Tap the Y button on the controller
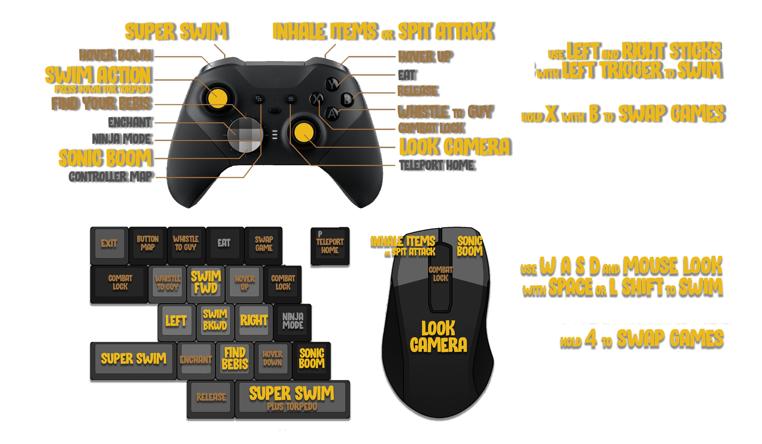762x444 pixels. [x=334, y=83]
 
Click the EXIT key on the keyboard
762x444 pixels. [x=109, y=244]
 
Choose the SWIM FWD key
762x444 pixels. [x=206, y=283]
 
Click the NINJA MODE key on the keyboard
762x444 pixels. [x=293, y=321]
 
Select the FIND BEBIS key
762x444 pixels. [x=235, y=359]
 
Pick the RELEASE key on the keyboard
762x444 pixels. [x=211, y=397]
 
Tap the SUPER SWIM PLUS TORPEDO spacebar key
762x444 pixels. [x=292, y=398]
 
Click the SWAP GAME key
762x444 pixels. [x=264, y=244]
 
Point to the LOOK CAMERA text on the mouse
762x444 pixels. [x=438, y=337]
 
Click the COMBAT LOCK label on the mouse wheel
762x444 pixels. [x=440, y=273]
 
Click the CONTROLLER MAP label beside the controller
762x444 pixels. [x=110, y=177]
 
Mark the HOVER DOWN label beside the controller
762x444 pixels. [x=115, y=55]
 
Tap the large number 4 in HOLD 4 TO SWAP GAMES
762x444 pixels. [x=591, y=338]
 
